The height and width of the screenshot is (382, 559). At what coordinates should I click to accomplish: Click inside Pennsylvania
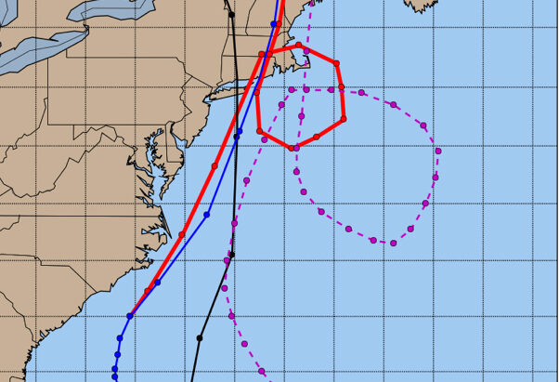pos(111,102)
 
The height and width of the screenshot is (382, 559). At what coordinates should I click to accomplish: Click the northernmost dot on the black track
pos(231,14)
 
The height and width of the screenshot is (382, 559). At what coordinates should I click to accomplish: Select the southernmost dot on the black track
pos(200,337)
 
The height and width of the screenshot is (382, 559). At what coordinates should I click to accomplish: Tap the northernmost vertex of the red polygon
pos(299,46)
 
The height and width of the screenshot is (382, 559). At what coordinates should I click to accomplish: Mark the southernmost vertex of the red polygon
pos(295,147)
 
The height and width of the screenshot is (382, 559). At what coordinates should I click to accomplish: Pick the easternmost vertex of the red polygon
pos(344,118)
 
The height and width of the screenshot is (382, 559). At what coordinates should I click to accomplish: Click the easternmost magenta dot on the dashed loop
pos(437,151)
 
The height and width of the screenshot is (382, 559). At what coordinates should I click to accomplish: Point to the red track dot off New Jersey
pos(214,165)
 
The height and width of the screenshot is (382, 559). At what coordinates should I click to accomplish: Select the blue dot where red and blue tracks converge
pos(129,316)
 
